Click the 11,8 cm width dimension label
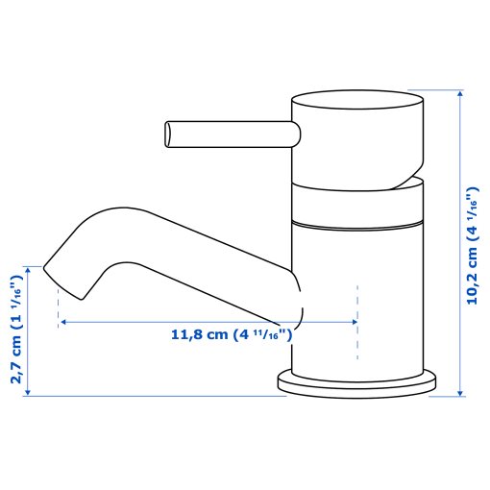[232, 335]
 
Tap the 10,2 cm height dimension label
[471, 245]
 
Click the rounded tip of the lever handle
[170, 134]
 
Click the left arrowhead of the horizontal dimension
[63, 323]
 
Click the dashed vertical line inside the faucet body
[358, 317]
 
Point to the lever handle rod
[231, 134]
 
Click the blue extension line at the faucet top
[441, 90]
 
